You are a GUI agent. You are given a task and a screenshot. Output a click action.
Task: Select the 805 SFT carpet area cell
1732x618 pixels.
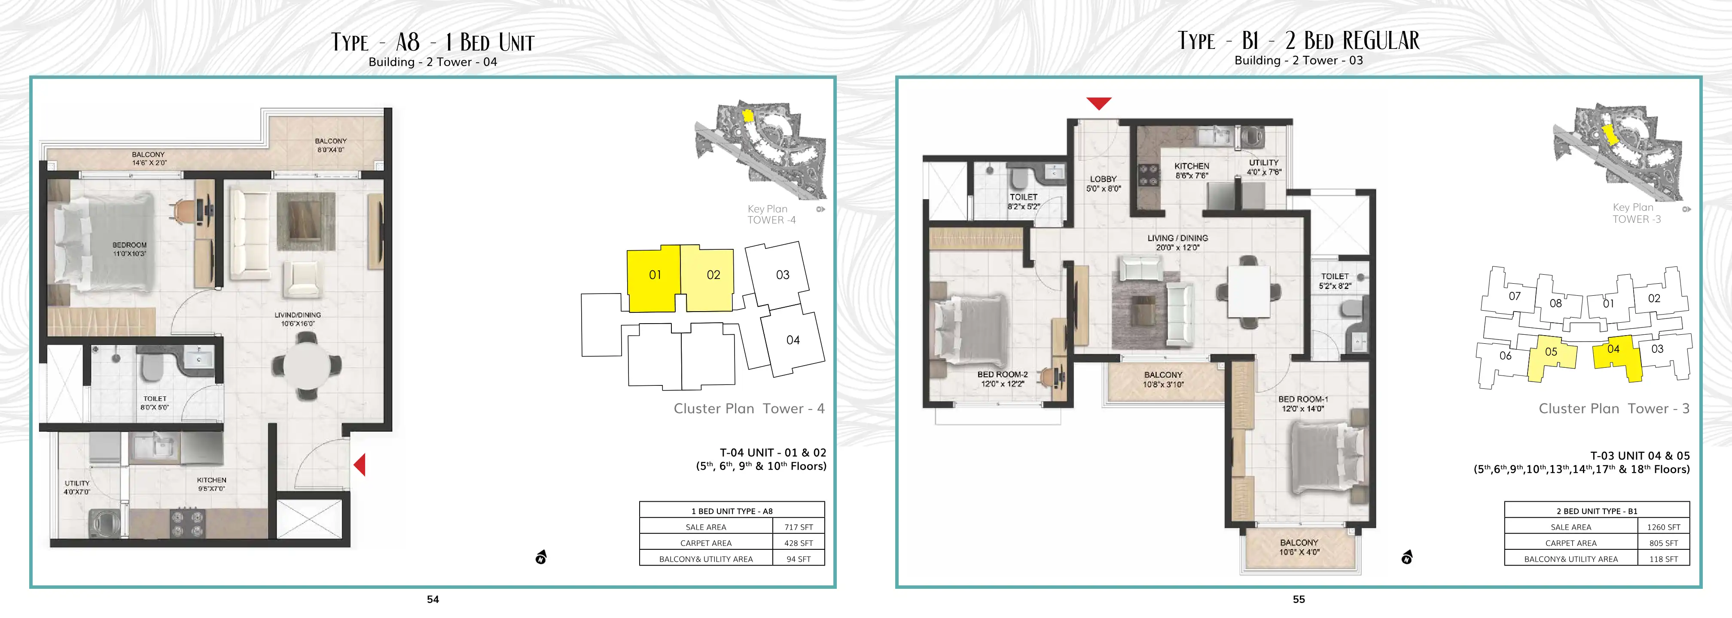[x=1663, y=543]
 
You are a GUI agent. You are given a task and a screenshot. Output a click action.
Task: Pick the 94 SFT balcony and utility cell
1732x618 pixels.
[x=799, y=559]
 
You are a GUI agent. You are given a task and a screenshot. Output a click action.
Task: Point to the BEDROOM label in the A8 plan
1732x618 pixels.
[x=130, y=245]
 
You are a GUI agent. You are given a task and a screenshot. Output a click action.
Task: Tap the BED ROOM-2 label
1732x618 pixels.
[x=1002, y=375]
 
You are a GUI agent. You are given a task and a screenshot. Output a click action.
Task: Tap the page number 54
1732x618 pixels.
[x=433, y=599]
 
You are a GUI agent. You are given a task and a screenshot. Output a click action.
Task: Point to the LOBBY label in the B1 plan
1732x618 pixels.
[x=1104, y=179]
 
